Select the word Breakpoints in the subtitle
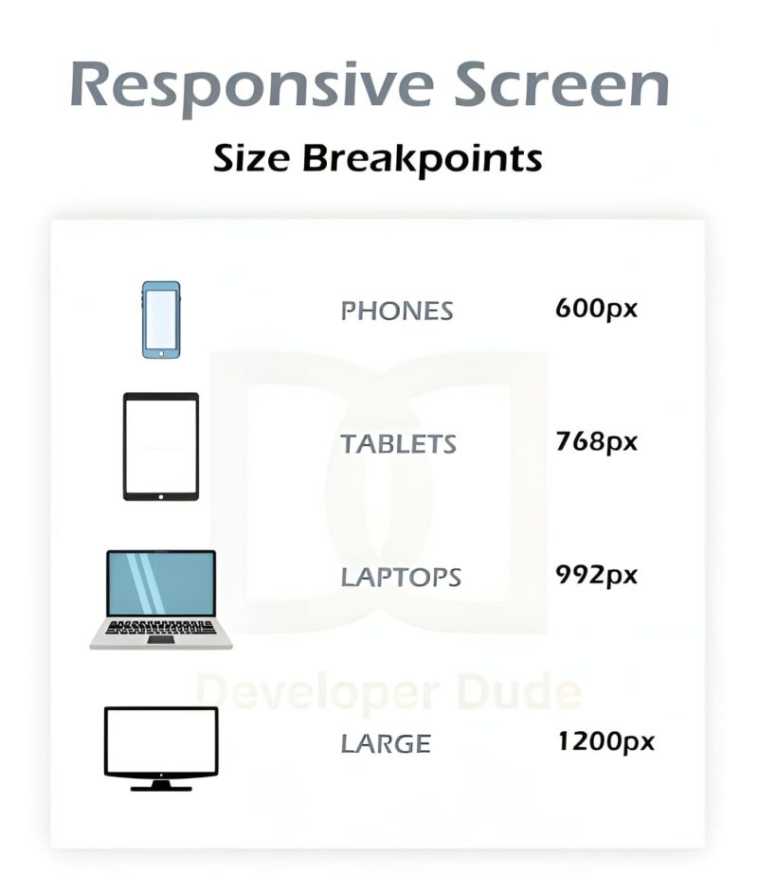[x=423, y=158]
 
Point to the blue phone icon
[x=161, y=320]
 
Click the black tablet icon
[x=161, y=446]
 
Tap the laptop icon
[x=161, y=599]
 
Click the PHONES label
[x=397, y=311]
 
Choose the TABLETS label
[x=399, y=443]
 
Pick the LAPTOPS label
[x=401, y=577]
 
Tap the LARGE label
[x=386, y=744]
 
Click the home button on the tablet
[x=161, y=494]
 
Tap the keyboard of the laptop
[x=161, y=627]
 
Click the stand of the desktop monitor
[x=161, y=785]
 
